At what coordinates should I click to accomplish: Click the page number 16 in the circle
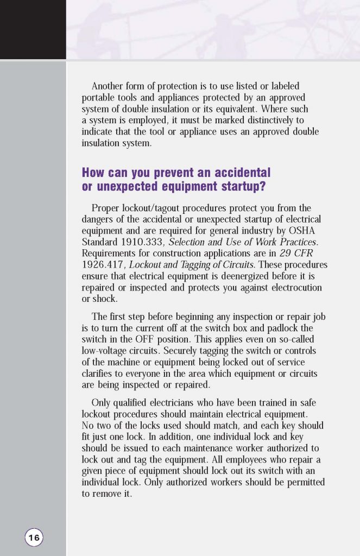click(x=34, y=538)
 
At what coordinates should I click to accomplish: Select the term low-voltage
click(x=105, y=351)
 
